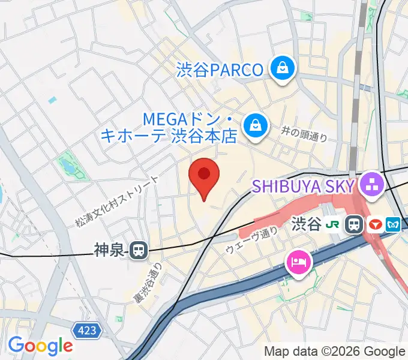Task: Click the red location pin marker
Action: pos(204,176)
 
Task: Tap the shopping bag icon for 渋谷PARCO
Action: pos(281,68)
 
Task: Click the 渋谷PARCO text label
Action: pos(220,70)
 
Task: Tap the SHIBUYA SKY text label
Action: pos(303,186)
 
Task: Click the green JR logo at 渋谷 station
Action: pos(332,225)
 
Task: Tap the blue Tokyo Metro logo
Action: pos(394,225)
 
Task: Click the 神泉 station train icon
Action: pos(139,250)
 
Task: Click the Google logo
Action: pos(40,345)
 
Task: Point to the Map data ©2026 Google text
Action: pos(335,351)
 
